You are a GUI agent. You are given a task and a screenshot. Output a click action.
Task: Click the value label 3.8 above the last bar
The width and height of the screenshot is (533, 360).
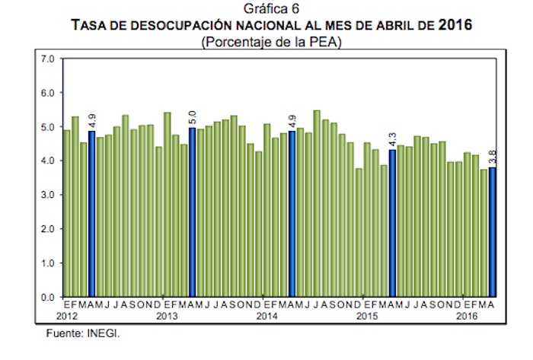(x=493, y=158)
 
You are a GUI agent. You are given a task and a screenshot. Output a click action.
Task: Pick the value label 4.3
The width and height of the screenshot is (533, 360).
(x=393, y=140)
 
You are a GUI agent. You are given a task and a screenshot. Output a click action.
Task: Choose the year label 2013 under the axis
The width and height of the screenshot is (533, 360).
(x=166, y=315)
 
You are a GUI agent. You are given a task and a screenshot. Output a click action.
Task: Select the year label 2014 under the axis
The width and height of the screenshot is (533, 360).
(x=266, y=315)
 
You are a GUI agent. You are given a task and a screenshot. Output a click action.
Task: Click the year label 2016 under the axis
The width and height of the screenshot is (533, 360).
(x=467, y=315)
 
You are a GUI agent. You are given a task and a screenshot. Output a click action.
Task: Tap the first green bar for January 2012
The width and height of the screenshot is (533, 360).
(x=67, y=213)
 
